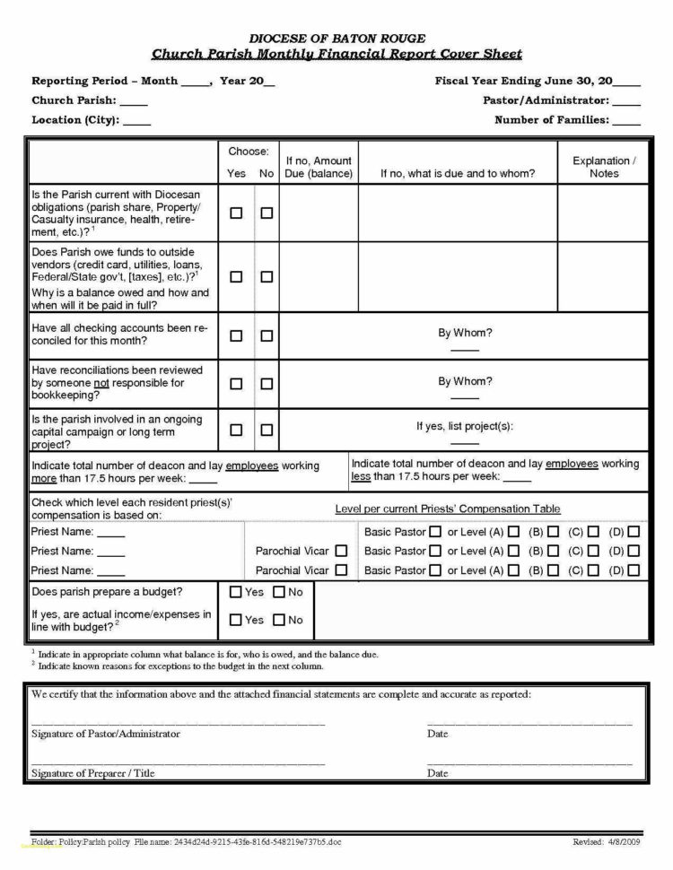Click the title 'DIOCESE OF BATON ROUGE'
coord(336,38)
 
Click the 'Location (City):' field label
coord(75,119)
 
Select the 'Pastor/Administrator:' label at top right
coord(546,100)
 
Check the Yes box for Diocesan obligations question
coord(236,213)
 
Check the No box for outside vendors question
coord(267,277)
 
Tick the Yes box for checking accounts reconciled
coord(236,335)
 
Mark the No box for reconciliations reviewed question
coord(267,383)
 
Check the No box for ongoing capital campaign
coord(267,431)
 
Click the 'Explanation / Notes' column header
coord(603,167)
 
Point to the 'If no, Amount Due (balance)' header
coord(319,167)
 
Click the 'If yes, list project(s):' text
coord(465,426)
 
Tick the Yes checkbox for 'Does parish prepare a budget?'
coord(236,592)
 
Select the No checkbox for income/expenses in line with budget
coord(279,620)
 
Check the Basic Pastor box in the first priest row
coord(435,532)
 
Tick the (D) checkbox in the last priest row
coord(634,570)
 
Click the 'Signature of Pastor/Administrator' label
coord(106,734)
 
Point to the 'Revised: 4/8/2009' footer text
coord(607,842)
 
